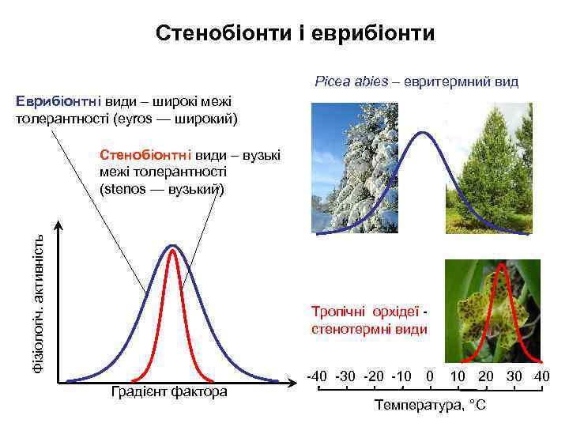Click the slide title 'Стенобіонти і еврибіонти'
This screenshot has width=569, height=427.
point(295,33)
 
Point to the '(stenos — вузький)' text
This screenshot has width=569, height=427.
point(162,189)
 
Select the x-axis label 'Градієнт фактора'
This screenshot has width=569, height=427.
point(169,392)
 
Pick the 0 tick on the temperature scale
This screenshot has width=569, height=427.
point(430,375)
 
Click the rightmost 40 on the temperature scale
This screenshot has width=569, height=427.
point(541,375)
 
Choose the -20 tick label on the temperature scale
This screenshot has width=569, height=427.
point(375,375)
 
